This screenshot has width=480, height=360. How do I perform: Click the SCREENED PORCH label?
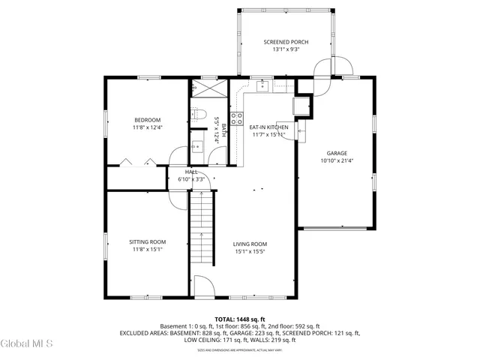point(286,42)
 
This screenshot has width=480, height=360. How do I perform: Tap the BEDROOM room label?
point(148,120)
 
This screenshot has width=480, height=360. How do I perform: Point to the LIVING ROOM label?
point(250,244)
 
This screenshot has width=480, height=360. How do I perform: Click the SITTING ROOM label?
point(148,241)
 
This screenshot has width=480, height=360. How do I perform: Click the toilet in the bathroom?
point(199,115)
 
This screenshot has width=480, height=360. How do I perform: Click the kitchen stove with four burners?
point(236,118)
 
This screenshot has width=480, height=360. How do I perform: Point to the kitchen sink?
point(263,86)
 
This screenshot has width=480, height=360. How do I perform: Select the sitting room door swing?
point(176,197)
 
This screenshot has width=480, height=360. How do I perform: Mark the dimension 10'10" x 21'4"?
point(336,160)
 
